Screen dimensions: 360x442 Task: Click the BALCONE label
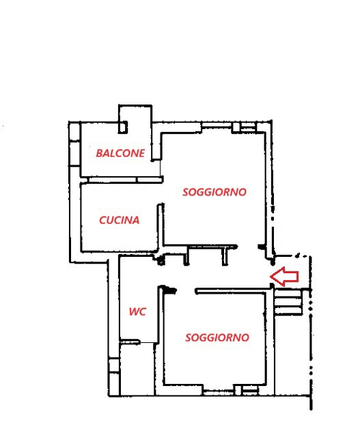120,153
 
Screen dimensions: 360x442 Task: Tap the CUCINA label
120,220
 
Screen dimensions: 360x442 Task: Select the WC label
137,312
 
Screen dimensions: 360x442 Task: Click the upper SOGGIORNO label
214,192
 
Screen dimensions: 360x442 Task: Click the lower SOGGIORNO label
217,337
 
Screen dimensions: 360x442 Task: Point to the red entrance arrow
284,276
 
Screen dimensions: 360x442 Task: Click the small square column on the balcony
123,127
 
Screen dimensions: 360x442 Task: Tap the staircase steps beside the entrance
288,302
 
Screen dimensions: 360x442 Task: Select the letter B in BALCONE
99,153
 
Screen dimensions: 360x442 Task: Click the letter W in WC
134,312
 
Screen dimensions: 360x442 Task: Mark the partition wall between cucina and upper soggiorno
160,227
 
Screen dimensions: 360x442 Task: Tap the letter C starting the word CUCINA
103,220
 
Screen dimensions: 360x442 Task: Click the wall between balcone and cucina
122,180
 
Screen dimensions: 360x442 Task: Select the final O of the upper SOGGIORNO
242,192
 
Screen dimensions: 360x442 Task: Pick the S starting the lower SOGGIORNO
189,337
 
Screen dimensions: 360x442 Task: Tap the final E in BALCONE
142,153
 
